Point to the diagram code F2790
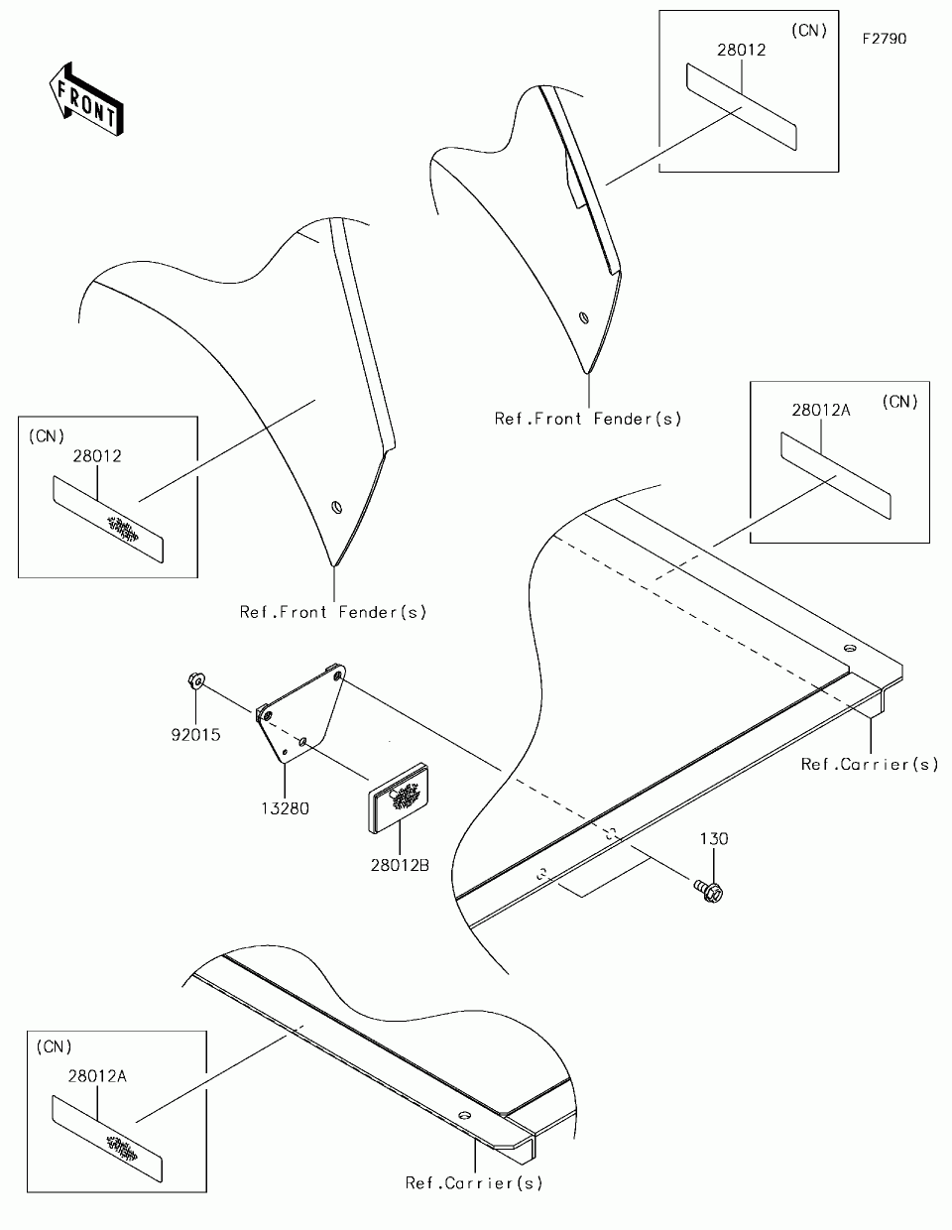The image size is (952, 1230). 885,40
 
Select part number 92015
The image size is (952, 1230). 194,735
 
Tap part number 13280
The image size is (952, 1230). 285,808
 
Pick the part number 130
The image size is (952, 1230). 714,839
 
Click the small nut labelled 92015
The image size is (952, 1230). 195,680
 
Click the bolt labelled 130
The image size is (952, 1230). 708,891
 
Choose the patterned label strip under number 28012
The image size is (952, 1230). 110,520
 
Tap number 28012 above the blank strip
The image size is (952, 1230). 742,50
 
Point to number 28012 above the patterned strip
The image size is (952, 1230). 97,456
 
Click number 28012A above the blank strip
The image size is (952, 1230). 821,409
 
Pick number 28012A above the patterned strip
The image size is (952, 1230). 97,1075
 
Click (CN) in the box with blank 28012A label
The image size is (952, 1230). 900,402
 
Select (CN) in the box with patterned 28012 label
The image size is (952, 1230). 47,435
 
